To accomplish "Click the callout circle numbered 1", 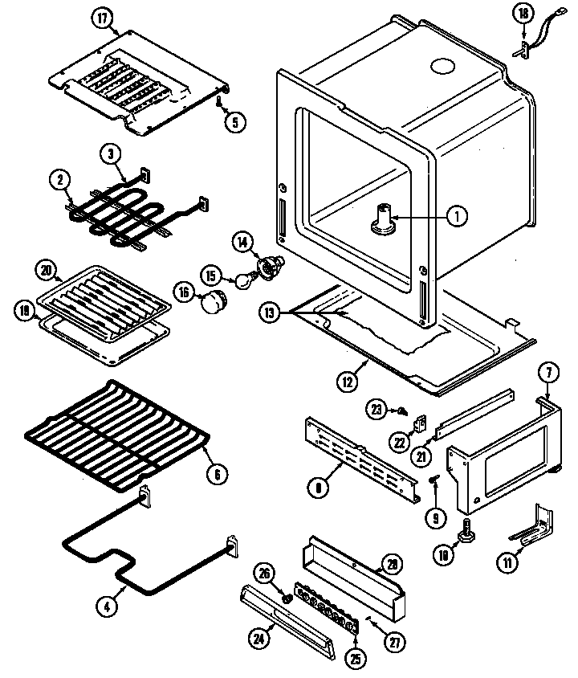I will pyautogui.click(x=455, y=215).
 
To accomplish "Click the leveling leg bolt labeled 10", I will pyautogui.click(x=466, y=531).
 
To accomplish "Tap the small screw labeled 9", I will pyautogui.click(x=433, y=480).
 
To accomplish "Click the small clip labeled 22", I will pyautogui.click(x=419, y=421).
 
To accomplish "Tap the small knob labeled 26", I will pyautogui.click(x=287, y=598).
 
